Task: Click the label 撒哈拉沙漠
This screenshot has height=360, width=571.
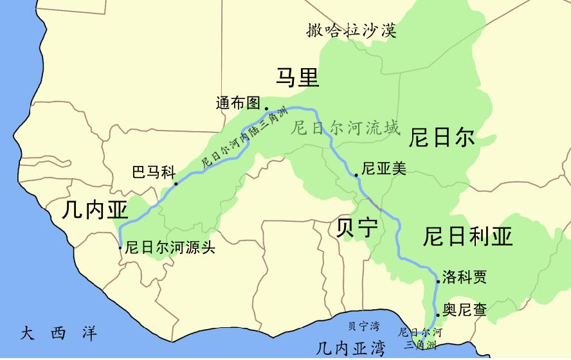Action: [x=351, y=30]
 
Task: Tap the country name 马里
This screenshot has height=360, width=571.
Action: [x=297, y=76]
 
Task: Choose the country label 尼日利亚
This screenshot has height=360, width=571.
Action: [x=467, y=237]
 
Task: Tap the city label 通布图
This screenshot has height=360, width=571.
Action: [x=238, y=103]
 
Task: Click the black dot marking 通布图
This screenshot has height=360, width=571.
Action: [x=266, y=109]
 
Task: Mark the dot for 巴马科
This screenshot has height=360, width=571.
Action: [x=176, y=183]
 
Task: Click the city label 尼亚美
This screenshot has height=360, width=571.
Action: [x=384, y=168]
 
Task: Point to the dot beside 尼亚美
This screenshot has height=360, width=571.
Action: [x=356, y=175]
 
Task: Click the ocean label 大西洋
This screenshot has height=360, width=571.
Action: [x=59, y=334]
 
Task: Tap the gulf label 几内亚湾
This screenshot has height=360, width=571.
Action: [x=350, y=348]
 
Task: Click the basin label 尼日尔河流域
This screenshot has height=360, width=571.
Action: [x=345, y=127]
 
